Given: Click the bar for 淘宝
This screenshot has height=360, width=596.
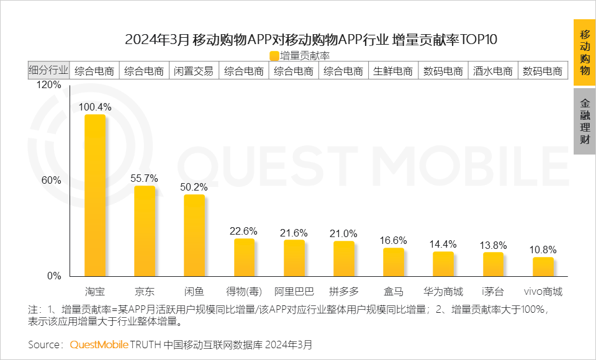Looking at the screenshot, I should tap(95, 195).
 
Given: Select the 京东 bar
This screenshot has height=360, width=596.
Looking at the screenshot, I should tap(145, 231).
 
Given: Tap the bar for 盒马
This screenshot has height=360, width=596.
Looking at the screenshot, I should tap(394, 262).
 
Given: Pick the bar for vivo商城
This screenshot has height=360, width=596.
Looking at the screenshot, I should tap(543, 266).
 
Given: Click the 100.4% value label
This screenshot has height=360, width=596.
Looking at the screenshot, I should tap(95, 107).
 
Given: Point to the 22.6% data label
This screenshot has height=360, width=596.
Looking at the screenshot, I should tap(244, 231).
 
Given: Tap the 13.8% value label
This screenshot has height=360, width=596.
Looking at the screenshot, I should tap(494, 245).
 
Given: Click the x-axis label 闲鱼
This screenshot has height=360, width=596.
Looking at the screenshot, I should tap(194, 291).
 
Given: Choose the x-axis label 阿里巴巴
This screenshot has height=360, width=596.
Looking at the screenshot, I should tap(294, 291).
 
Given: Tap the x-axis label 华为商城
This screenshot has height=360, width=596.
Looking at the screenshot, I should tap(443, 291).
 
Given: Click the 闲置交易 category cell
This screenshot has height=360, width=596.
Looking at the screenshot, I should tap(194, 71).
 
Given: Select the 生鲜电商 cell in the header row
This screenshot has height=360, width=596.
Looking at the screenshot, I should tap(393, 71).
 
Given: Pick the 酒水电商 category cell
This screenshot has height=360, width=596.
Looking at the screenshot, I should tap(493, 71).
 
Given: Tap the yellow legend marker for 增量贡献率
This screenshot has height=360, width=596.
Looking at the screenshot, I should tap(274, 56).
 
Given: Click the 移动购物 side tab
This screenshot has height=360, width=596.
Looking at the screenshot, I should tap(585, 52).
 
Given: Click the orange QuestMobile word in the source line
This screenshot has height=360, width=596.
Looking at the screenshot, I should tap(99, 344).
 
